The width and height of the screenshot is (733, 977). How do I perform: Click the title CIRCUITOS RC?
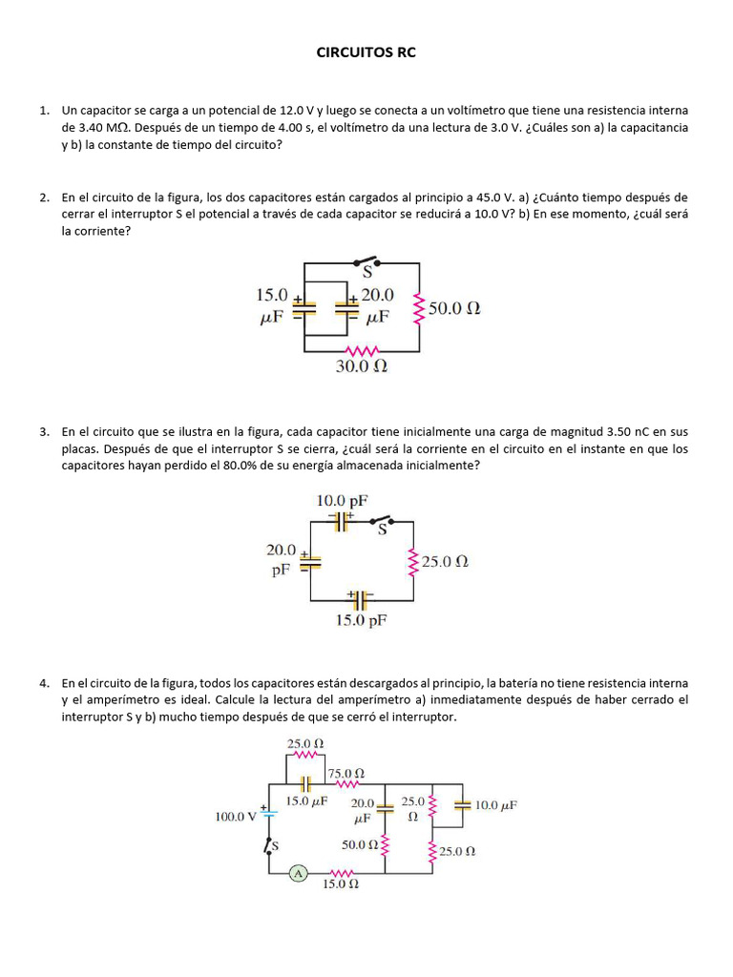coord(366,53)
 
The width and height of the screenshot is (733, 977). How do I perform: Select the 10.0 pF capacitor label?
coord(342,500)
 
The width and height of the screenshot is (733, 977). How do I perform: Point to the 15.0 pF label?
coord(360,619)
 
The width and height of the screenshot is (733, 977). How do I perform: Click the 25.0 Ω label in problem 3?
coord(445,562)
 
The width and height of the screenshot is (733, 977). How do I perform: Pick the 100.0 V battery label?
coord(236,816)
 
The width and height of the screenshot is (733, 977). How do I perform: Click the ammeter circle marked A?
coord(298,872)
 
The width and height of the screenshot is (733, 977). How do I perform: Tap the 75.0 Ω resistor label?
coord(346,773)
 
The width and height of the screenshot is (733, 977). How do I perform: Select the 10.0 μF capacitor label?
coord(496,805)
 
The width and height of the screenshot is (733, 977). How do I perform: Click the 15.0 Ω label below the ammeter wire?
coord(340,884)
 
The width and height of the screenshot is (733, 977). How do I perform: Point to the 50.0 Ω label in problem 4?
coord(359,844)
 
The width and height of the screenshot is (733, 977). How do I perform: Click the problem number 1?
coord(45,111)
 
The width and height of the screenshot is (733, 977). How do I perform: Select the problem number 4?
coord(45,683)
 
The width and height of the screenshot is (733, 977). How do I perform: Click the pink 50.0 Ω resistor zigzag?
coord(417,308)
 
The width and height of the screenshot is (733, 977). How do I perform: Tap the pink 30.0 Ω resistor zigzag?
coord(361,349)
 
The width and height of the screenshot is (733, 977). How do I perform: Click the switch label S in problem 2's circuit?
coord(366,274)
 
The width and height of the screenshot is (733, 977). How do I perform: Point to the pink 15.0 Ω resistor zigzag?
coord(342,872)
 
